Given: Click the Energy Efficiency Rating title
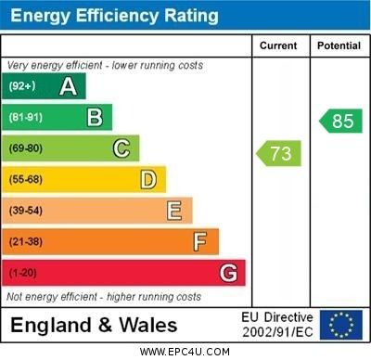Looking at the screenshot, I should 113,16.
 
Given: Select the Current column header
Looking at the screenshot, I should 278,45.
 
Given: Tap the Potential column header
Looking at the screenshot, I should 339,45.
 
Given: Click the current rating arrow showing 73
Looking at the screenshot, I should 278,152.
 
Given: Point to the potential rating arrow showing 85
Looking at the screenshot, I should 339,121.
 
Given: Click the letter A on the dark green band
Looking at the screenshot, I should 68,86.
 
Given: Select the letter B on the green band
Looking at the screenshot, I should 95,117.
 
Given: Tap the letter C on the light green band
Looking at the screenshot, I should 122,148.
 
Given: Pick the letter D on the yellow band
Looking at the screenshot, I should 147,179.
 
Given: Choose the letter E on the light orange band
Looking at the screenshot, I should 174,211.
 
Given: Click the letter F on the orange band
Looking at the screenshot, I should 200,242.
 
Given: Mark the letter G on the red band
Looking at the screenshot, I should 228,273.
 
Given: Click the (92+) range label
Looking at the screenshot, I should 22,86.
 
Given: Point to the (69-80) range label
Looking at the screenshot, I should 26,148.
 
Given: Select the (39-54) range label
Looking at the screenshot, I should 26,211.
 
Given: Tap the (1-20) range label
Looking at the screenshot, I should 23,274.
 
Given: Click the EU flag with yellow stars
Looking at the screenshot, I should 341,325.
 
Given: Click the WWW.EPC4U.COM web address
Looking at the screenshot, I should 185,352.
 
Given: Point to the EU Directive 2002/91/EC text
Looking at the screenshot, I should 277,325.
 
